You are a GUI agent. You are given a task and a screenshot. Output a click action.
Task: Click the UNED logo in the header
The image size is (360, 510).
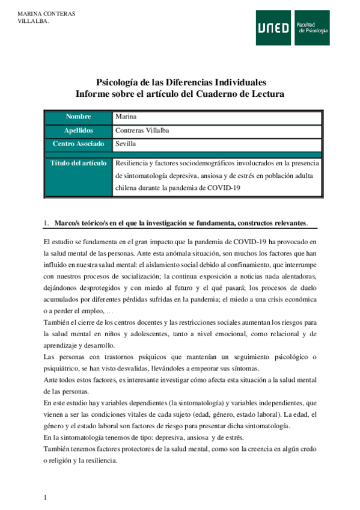tap(275, 28)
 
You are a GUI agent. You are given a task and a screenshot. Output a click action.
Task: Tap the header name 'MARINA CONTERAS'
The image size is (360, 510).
tap(42, 13)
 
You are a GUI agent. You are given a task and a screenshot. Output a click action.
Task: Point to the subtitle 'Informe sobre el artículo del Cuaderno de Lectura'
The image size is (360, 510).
tap(180, 94)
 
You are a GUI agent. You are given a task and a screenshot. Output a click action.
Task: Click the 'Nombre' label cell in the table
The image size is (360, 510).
tap(78, 116)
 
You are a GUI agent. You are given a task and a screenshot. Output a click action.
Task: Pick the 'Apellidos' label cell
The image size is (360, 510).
tap(78, 130)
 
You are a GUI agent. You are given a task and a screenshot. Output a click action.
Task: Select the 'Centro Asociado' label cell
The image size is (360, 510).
tap(78, 144)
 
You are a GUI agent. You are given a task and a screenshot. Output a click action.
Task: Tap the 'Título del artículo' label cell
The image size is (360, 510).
tap(79, 163)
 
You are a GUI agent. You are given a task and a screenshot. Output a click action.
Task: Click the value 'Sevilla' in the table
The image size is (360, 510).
tap(125, 144)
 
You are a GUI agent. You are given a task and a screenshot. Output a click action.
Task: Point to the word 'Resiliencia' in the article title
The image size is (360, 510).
tap(130, 163)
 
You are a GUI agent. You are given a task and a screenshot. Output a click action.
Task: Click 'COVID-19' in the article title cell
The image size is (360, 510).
tap(225, 188)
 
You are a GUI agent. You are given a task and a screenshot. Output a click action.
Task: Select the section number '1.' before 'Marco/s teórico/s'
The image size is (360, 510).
tap(46, 224)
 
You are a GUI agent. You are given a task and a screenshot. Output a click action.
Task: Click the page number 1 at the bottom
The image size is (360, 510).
tap(45, 497)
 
